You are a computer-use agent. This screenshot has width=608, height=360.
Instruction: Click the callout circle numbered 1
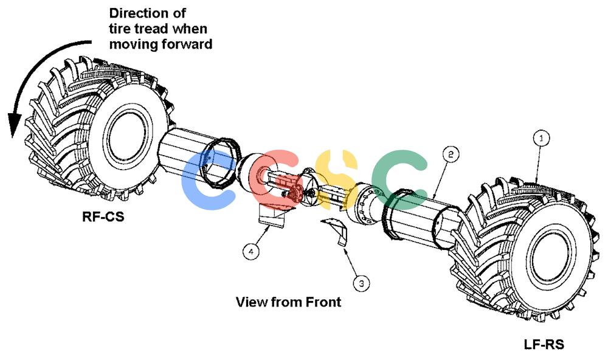tap(542, 137)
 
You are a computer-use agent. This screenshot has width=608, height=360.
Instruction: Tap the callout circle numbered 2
tap(451, 154)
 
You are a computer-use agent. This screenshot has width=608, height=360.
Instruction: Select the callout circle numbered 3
tap(361, 283)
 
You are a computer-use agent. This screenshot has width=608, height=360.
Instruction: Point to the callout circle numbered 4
tap(251, 252)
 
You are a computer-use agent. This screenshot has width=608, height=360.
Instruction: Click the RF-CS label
tap(103, 216)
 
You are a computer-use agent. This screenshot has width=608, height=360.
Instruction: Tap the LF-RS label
tap(544, 344)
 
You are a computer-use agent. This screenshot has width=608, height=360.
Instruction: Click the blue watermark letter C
tap(207, 181)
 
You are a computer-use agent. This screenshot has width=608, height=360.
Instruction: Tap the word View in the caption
tap(250, 302)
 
